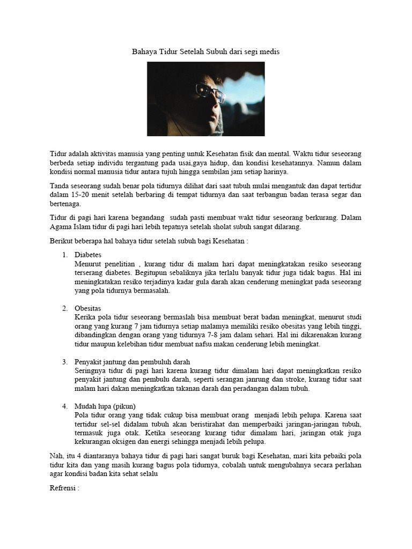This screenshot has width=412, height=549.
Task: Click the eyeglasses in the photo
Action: pos(209,92)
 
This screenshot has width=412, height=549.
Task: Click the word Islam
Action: pos(84,226)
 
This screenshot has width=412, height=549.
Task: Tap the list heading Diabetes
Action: pos(88,254)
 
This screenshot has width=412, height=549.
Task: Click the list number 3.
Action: pos(64,361)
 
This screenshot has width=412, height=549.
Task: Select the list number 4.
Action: pos(64,406)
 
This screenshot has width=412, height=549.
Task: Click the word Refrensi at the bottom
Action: pos(64,488)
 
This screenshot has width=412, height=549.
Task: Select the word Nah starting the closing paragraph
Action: pos(56,456)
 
